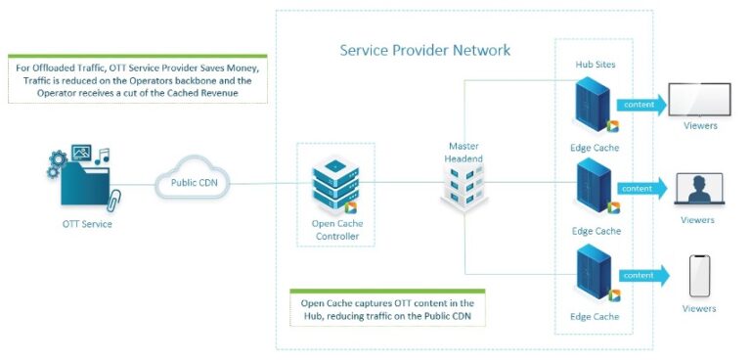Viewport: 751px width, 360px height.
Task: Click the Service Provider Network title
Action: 424,50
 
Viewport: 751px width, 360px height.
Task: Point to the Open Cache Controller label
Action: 335,230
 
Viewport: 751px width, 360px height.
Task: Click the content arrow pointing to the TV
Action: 641,103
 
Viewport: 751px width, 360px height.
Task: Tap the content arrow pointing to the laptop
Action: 641,187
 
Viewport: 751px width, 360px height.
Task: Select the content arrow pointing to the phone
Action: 641,275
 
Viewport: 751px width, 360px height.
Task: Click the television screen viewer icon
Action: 699,100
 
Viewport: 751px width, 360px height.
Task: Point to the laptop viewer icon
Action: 699,188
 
